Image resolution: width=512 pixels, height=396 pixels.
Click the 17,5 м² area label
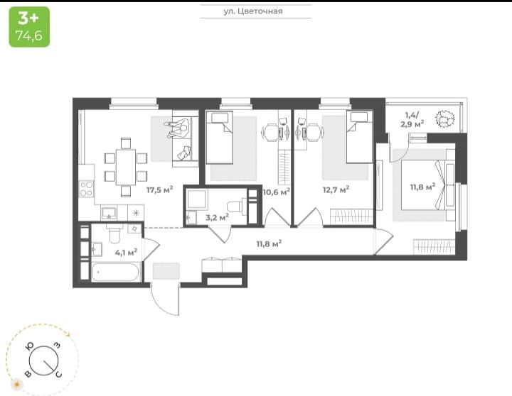click(159, 189)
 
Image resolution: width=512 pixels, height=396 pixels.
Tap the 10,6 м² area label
click(276, 192)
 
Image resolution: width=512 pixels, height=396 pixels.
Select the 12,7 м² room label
click(336, 189)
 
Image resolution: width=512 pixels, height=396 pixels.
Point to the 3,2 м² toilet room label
click(217, 217)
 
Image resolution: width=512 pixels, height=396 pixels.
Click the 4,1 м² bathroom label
click(126, 252)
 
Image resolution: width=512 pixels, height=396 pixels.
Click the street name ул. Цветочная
click(252, 11)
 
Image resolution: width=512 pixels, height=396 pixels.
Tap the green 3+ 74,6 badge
click(29, 27)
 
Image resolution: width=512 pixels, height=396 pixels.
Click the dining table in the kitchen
click(126, 167)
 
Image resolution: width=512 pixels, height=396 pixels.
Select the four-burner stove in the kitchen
click(86, 189)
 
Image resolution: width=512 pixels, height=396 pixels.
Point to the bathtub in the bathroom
click(115, 272)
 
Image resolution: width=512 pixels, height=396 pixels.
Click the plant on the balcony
click(445, 119)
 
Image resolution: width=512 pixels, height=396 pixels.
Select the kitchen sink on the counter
click(109, 213)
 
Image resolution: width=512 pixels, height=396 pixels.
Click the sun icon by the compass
click(16, 384)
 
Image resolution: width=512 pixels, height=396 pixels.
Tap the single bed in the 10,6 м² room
click(220, 137)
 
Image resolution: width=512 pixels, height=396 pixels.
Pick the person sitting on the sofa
click(178, 128)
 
